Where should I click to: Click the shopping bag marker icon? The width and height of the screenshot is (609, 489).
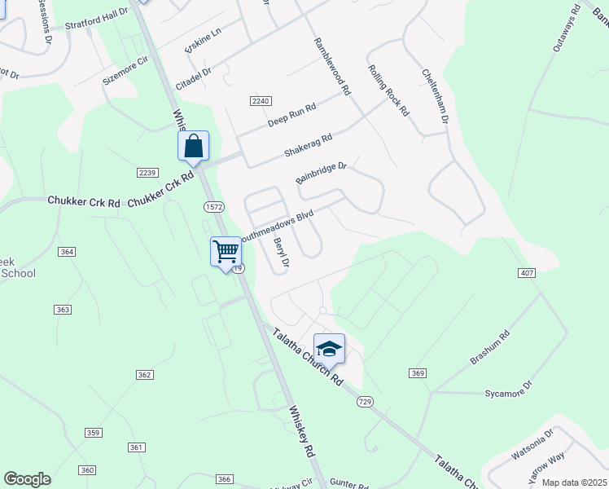tap(194, 146)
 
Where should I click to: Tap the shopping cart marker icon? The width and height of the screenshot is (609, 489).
tap(226, 250)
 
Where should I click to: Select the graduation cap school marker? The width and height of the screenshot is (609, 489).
tap(329, 348)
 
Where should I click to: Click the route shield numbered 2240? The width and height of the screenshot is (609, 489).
tap(260, 99)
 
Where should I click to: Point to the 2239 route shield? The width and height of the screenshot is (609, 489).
tap(147, 173)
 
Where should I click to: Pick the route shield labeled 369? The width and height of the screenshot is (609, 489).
tap(418, 372)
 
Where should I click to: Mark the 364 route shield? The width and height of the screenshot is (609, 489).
tap(67, 252)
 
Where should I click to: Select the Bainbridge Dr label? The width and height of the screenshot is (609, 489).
tap(322, 173)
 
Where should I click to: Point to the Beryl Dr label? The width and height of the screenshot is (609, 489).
tap(282, 252)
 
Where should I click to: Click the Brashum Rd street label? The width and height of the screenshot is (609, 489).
tap(490, 348)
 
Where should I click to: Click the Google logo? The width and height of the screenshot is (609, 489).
tap(27, 479)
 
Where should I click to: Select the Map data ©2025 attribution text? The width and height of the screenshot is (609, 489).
tap(573, 482)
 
